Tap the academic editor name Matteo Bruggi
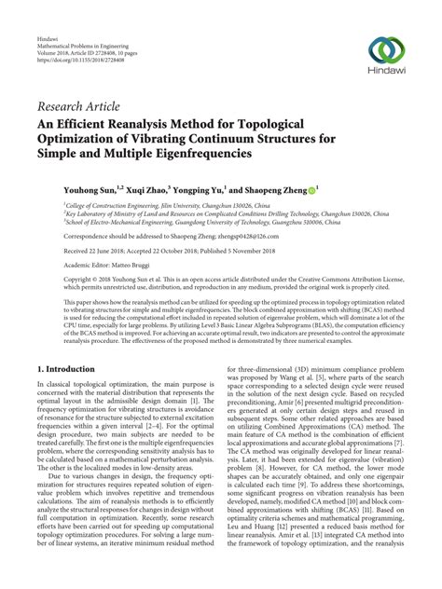click(x=151, y=266)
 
